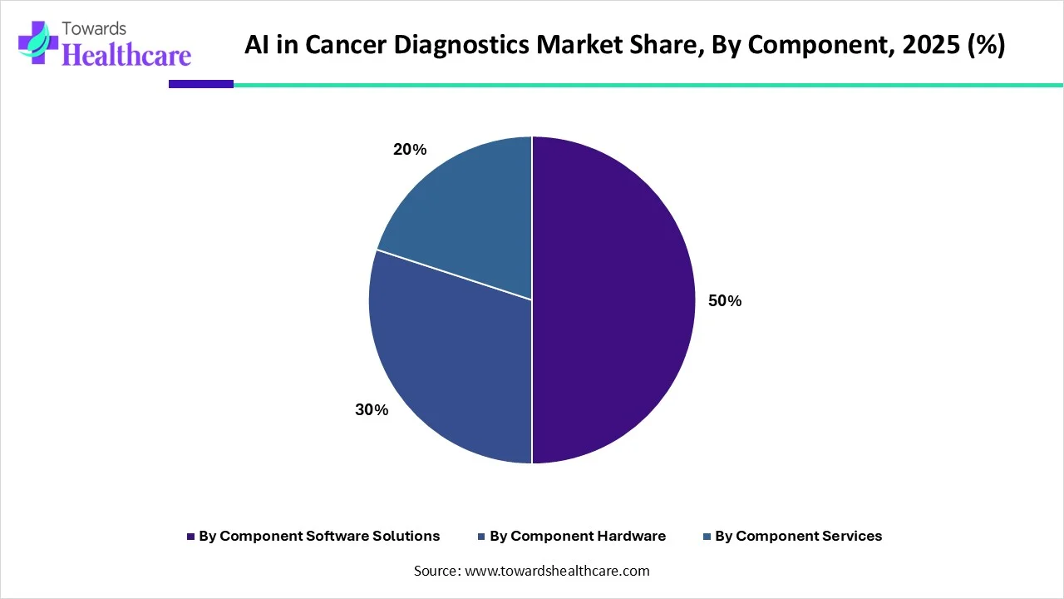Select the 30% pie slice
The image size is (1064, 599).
coord(449,366)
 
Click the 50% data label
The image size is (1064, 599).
coord(724,301)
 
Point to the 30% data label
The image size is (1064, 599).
coord(372,410)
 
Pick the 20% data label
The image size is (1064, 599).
coord(409,150)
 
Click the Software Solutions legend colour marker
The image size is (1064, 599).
coord(190,537)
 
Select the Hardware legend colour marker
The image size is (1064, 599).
coord(481,537)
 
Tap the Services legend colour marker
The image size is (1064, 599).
coord(707,537)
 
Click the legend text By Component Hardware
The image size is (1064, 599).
coord(578,537)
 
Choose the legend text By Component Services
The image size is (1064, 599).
coord(798,537)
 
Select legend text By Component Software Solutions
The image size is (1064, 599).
coord(319,537)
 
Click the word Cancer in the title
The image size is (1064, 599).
coord(341,45)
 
